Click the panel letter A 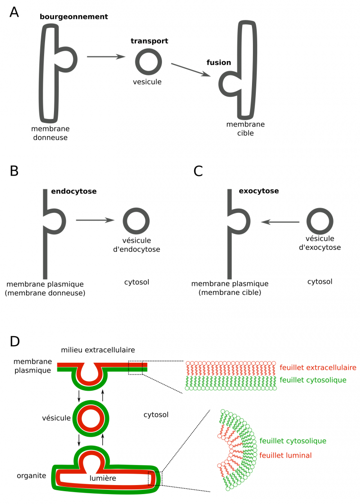tap(15, 12)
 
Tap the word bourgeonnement tap(74, 17)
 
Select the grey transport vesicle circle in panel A tap(148, 62)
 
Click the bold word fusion tap(218, 63)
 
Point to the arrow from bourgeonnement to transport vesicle tap(106, 57)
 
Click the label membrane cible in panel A tap(245, 128)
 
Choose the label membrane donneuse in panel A tap(49, 133)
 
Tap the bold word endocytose tap(73, 192)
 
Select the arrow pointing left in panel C tap(280, 222)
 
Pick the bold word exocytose tap(259, 192)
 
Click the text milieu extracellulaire tap(98, 350)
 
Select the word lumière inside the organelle tap(103, 479)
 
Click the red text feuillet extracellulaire tap(318, 367)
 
